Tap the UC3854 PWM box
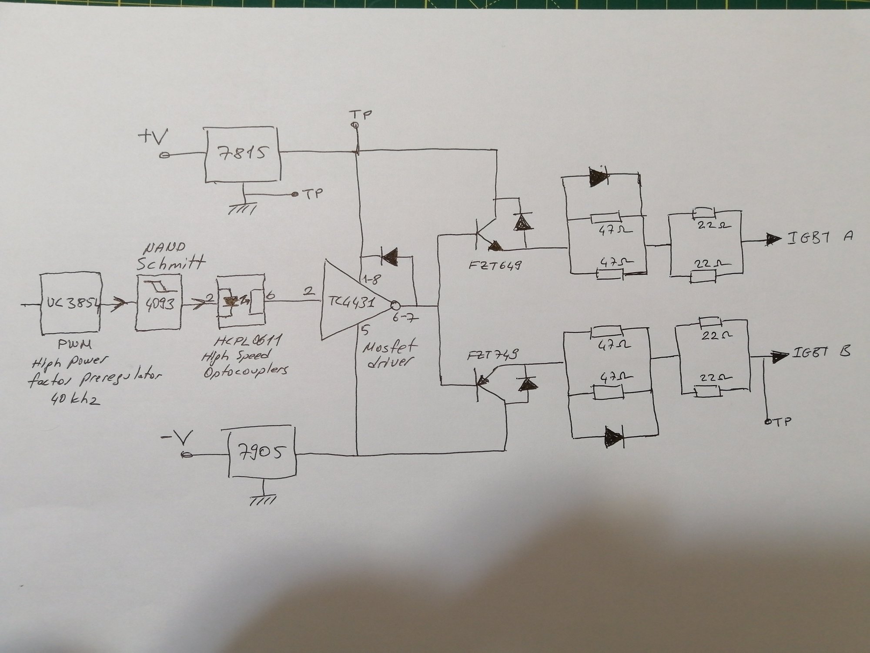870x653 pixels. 70,303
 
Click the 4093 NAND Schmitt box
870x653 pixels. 159,303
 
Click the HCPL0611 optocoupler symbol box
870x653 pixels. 241,303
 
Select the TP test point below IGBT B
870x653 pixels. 768,421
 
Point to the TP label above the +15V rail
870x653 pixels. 361,115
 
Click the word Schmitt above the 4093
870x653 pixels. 171,264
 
